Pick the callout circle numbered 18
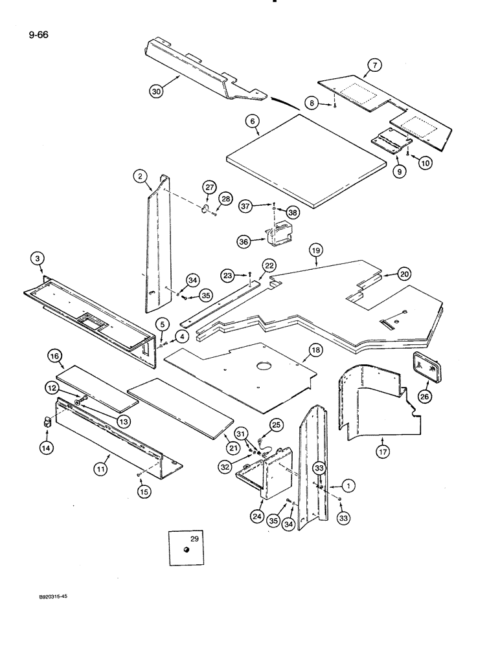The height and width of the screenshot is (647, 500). coord(315,350)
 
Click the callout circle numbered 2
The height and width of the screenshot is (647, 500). coord(138,175)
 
